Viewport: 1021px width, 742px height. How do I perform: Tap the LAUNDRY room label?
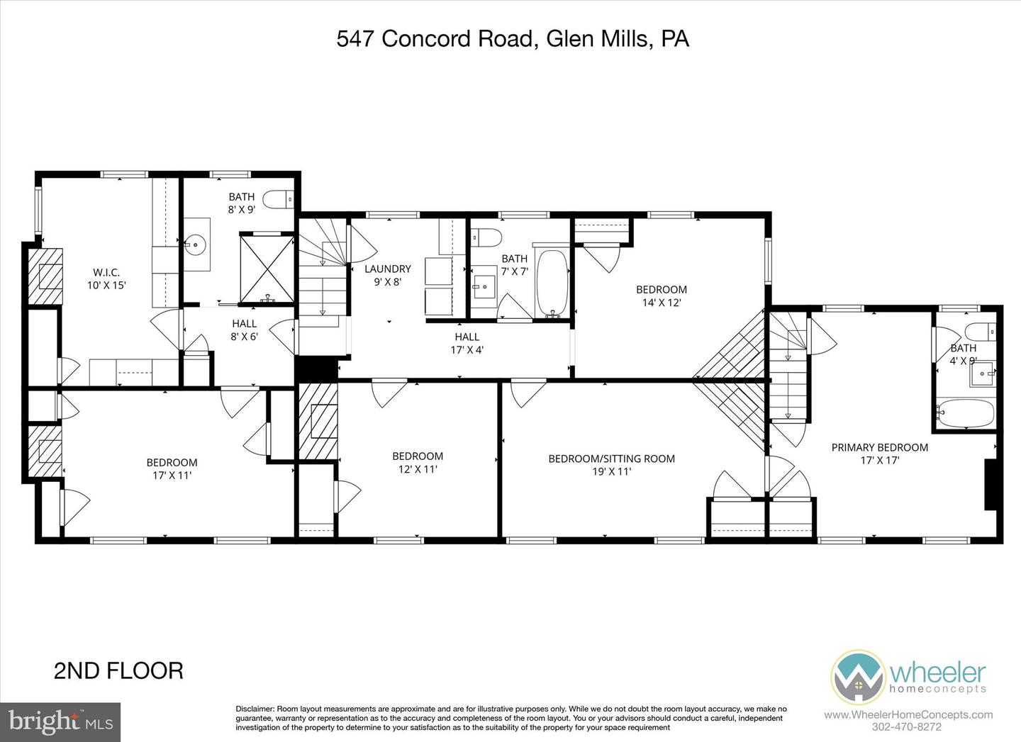tap(387, 269)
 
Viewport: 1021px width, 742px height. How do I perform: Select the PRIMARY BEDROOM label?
tap(879, 447)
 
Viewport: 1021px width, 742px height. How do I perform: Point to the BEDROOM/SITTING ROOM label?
tap(611, 459)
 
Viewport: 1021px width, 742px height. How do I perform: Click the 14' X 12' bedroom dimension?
tap(661, 303)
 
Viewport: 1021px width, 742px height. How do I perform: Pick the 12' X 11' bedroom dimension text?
tap(418, 469)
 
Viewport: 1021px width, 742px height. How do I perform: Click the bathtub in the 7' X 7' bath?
tap(552, 282)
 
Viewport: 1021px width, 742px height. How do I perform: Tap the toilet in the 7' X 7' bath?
tap(487, 235)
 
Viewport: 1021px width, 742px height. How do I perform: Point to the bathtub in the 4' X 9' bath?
tap(966, 413)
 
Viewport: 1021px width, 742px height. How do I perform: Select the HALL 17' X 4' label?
tap(467, 343)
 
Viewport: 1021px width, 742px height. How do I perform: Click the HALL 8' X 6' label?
tap(244, 330)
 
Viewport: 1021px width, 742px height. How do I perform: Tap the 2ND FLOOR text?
tap(118, 670)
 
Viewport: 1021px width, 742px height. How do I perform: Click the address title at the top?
tap(512, 38)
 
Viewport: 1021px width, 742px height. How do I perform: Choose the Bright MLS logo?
tap(60, 721)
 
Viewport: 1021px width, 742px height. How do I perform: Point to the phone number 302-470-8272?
tap(908, 726)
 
